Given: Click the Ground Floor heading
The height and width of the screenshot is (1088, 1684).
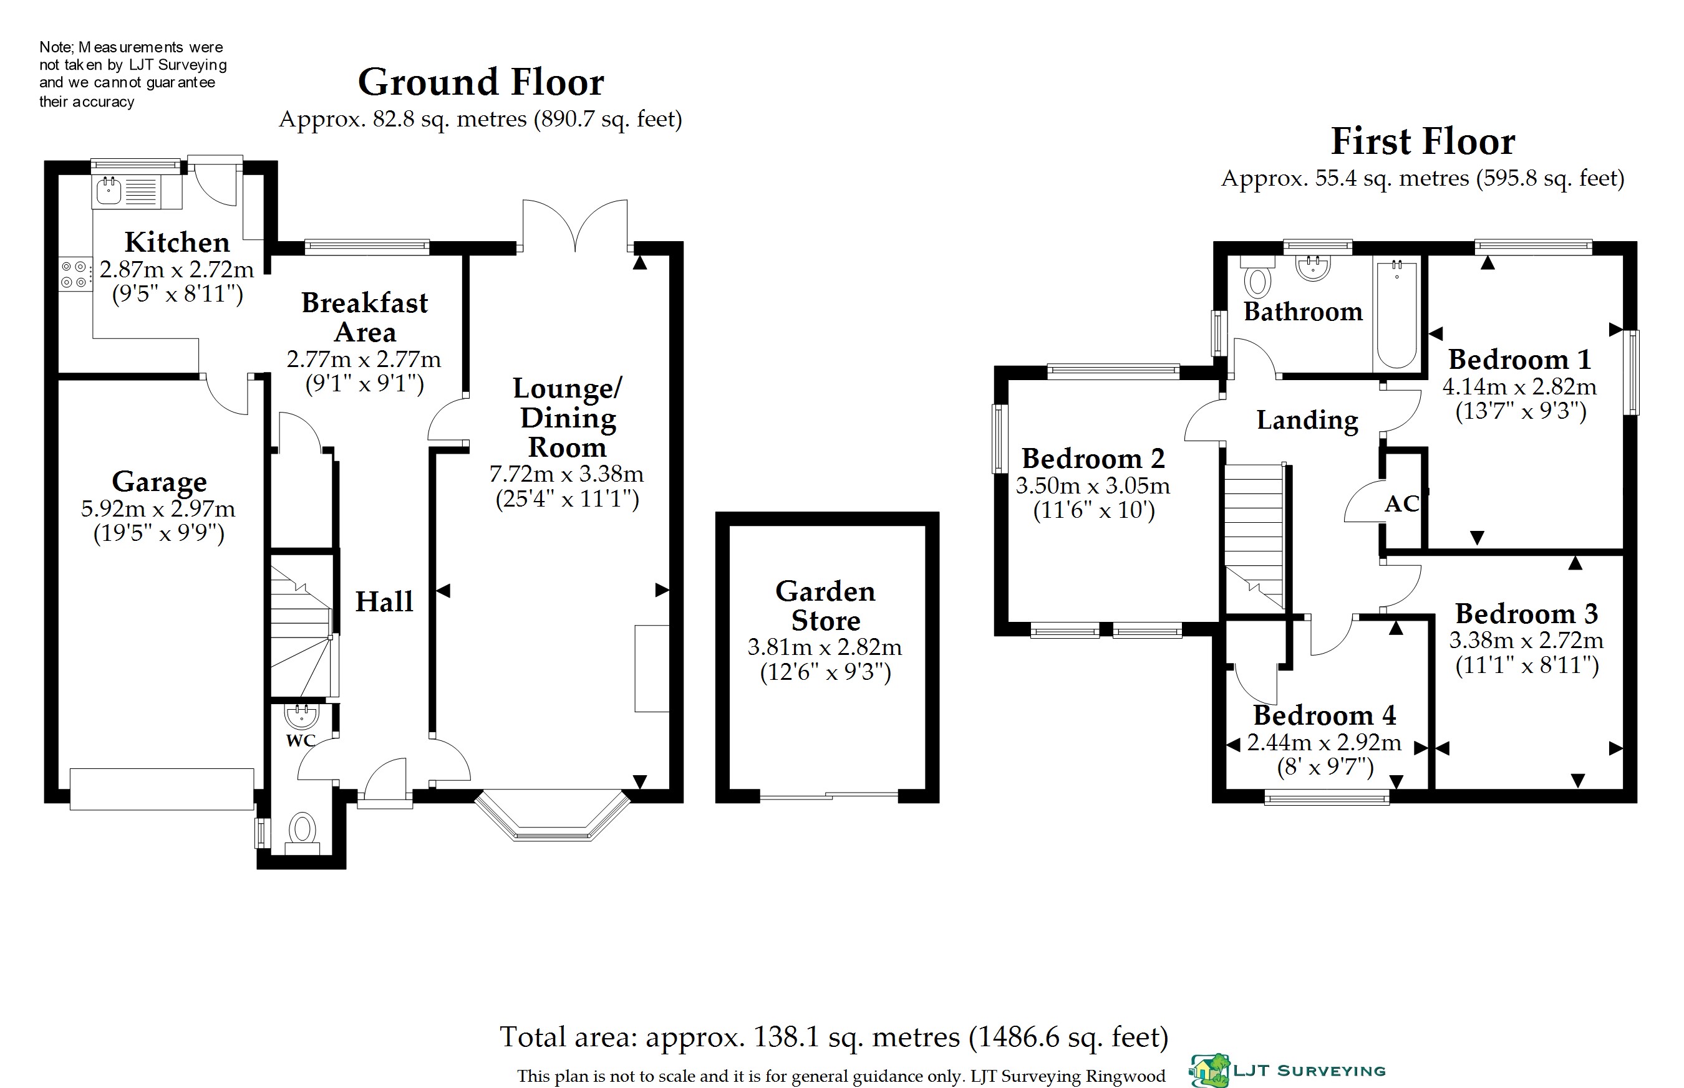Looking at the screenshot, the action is click(x=481, y=83).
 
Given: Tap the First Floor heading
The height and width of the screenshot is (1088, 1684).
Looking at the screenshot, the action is click(x=1423, y=141).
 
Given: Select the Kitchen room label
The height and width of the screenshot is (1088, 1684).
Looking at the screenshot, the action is click(x=178, y=242).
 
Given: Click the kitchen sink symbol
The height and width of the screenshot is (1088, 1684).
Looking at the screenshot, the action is click(x=109, y=190).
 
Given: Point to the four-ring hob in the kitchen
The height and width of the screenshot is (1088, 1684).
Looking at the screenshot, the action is click(x=74, y=274).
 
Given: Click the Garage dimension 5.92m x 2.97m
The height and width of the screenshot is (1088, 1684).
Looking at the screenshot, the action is click(x=158, y=508).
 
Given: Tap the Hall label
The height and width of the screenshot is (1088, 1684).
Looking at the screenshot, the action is click(x=384, y=602).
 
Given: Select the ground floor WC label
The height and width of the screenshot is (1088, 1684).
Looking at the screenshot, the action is click(x=301, y=740).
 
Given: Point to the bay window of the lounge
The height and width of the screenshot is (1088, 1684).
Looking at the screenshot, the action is click(x=552, y=816).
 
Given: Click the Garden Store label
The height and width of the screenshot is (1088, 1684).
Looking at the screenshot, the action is click(x=826, y=606).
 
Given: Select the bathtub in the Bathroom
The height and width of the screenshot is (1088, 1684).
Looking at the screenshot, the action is click(x=1396, y=313).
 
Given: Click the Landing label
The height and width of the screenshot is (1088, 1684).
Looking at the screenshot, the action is click(x=1307, y=421).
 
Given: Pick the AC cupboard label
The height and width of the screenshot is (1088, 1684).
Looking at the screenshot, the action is click(x=1401, y=503).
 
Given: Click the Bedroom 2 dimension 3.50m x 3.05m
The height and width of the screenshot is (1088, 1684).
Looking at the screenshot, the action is click(x=1093, y=485).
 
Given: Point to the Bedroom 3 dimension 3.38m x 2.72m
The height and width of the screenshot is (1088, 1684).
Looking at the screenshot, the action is click(x=1526, y=640).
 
